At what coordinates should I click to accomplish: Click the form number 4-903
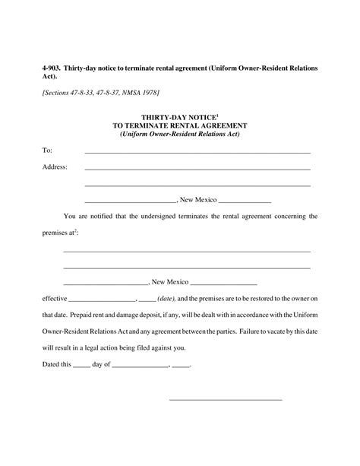click(52, 68)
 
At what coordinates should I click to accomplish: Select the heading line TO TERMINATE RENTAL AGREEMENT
click(179, 125)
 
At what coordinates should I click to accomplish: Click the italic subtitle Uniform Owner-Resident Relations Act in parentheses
click(179, 134)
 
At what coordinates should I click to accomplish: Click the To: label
click(47, 151)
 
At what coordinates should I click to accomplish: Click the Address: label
click(55, 166)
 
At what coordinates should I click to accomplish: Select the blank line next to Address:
click(197, 168)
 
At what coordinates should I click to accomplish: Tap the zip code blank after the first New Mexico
click(245, 201)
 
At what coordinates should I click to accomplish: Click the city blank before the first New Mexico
click(130, 201)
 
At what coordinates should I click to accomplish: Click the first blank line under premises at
click(187, 251)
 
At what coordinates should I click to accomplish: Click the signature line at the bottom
click(225, 399)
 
